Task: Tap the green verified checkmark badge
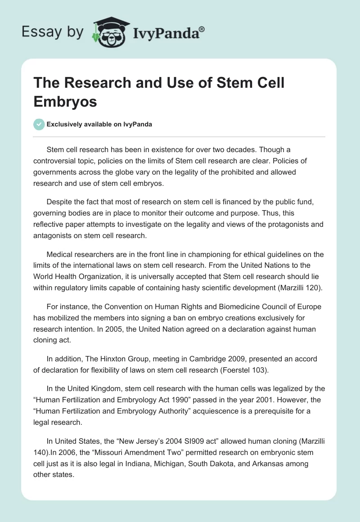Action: click(39, 124)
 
